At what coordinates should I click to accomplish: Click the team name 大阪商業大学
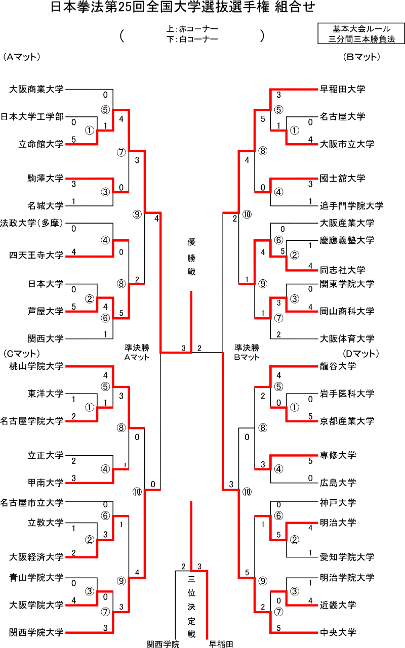(x=36, y=90)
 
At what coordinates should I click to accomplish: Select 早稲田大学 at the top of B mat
(x=342, y=89)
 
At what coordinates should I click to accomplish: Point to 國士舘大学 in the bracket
(x=342, y=178)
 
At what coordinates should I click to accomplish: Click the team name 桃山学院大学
(x=36, y=366)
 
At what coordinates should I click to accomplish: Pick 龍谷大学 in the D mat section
(x=338, y=366)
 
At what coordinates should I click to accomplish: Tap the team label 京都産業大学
(x=347, y=420)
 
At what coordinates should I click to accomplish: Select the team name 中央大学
(x=338, y=632)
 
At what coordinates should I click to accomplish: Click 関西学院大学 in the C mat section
(x=36, y=632)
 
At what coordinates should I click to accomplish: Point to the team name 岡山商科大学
(x=347, y=311)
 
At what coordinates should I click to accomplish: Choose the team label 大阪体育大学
(x=347, y=338)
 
